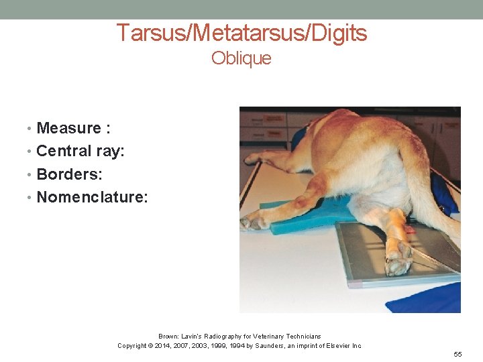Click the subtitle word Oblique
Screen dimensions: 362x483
point(241,58)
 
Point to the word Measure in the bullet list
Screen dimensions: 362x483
point(68,128)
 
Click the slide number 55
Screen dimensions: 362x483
point(458,353)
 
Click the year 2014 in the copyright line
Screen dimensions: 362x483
point(165,346)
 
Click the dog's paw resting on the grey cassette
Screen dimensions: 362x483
point(400,260)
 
